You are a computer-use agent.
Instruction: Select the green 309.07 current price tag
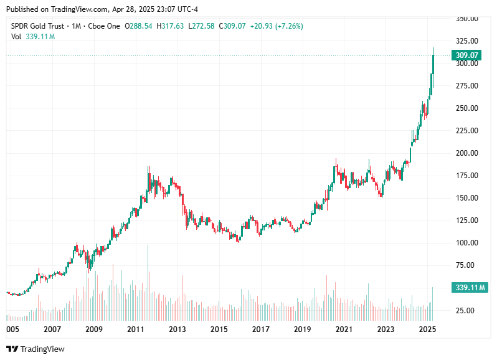click(x=466, y=55)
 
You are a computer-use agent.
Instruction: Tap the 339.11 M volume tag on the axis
click(x=470, y=287)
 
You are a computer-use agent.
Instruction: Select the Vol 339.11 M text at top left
click(x=33, y=37)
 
